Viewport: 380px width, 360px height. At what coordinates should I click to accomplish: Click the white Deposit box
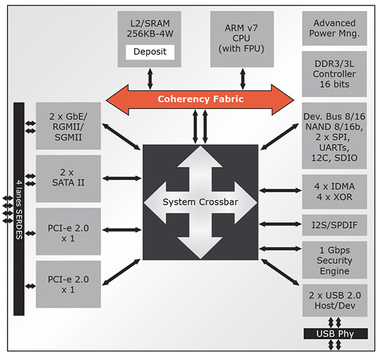(150, 52)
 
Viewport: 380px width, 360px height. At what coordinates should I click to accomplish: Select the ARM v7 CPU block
(242, 39)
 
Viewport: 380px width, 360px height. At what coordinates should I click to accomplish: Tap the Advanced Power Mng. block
(334, 28)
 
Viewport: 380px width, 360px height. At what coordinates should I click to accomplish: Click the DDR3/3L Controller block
(334, 74)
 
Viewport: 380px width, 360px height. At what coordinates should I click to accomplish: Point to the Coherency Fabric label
(200, 99)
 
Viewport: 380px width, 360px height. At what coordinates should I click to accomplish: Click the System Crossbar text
(200, 202)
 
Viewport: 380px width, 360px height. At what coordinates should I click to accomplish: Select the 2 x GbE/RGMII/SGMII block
(68, 126)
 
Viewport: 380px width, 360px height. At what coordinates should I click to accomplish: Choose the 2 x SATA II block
(68, 178)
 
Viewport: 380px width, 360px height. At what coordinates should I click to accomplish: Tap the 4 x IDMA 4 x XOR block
(334, 192)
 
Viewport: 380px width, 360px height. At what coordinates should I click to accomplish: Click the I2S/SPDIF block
(334, 225)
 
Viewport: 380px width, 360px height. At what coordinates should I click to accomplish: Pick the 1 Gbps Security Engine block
(334, 260)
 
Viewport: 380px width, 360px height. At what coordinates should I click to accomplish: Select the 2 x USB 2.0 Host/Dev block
(335, 300)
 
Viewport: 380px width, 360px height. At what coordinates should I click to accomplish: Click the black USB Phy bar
(336, 334)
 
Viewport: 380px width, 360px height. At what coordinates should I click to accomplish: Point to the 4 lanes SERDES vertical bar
(19, 209)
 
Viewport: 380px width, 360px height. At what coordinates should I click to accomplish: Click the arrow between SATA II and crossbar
(122, 178)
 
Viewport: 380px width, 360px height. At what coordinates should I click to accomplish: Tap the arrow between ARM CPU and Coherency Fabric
(243, 79)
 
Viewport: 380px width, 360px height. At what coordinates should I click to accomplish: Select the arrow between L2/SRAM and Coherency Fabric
(150, 79)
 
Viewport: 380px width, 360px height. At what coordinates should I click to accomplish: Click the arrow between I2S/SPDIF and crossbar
(280, 224)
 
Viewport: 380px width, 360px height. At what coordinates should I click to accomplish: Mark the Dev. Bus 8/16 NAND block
(334, 136)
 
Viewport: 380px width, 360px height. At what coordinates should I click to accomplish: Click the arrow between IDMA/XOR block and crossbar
(280, 191)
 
